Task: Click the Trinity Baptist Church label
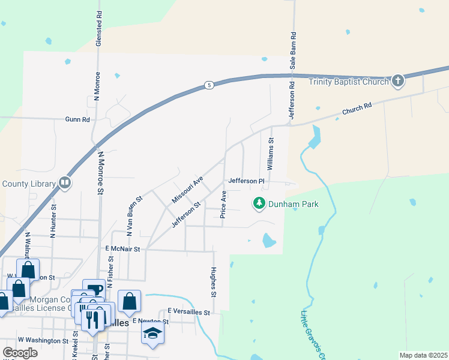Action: coord(349,82)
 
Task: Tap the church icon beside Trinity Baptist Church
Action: coord(397,80)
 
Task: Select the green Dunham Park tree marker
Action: coord(259,204)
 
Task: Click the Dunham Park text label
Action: coord(294,205)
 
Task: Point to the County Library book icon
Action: coord(65,183)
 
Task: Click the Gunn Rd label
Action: coord(78,119)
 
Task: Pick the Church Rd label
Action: coord(357,109)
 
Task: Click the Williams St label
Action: coord(271,154)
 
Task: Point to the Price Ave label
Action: coord(223,205)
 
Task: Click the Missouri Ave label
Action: coord(188,189)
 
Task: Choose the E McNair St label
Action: coord(122,248)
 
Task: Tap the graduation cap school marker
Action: coord(153,334)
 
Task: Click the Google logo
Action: coord(20,353)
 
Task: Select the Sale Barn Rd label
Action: coord(293,52)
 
